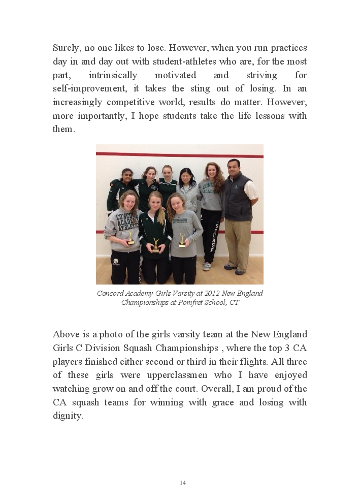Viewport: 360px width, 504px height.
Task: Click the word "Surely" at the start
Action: [66, 48]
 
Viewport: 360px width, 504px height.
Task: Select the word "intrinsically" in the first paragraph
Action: [113, 75]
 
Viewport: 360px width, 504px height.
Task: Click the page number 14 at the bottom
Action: [183, 483]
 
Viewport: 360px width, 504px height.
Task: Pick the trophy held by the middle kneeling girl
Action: [156, 245]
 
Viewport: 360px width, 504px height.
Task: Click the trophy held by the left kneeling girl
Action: [130, 238]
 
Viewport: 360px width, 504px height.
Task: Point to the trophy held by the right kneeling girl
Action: [182, 240]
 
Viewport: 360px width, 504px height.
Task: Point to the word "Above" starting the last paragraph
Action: [66, 334]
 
